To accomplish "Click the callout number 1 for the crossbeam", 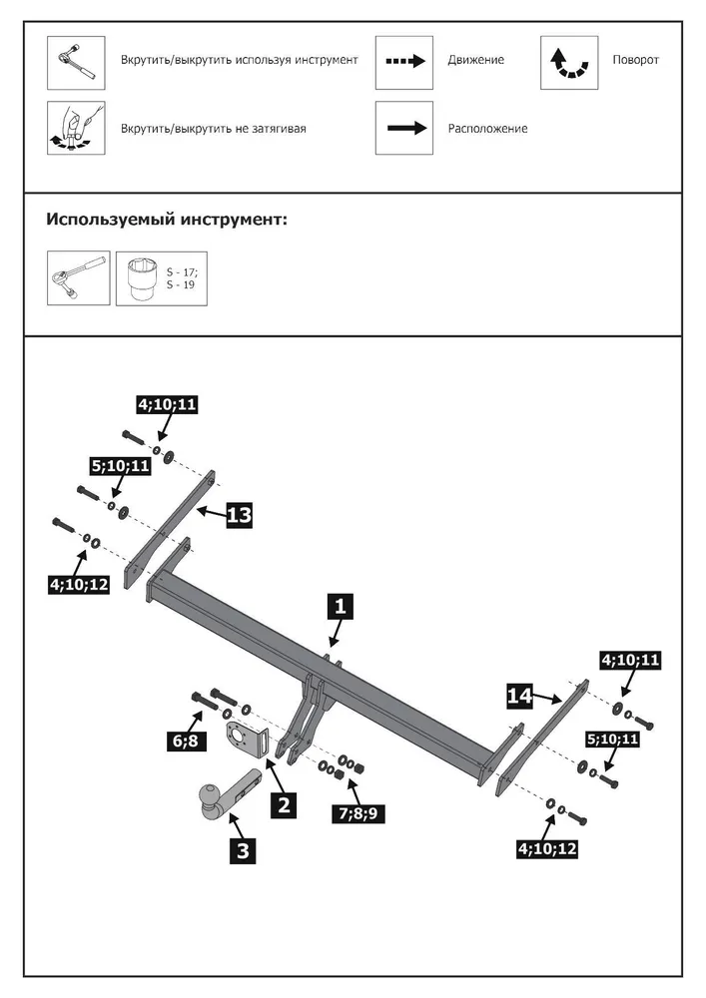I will pos(340,606).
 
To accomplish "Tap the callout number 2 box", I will pos(286,804).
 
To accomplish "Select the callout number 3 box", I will pos(243,849).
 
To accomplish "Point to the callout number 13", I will pos(239,515).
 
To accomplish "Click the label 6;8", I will pos(190,740).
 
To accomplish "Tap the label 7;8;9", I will pos(356,813).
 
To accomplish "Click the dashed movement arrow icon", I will pos(404,60).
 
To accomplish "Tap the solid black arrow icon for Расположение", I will pos(404,128).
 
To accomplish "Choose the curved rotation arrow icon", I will pos(569,63).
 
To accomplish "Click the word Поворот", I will pos(635,60).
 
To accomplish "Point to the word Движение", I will pos(476,60).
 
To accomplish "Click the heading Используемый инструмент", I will pos(167,219).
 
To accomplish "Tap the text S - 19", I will pos(183,285).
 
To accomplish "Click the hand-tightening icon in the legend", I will pos(76,128).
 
